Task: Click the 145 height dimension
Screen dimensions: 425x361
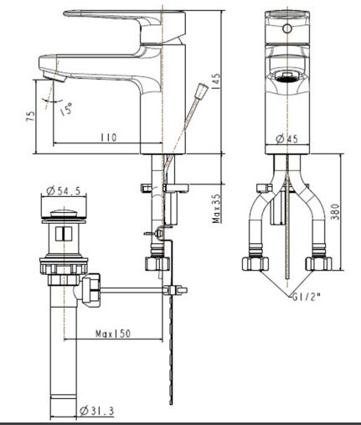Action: (216, 81)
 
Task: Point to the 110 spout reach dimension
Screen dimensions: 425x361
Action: (107, 136)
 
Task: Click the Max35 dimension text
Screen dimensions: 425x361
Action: (216, 205)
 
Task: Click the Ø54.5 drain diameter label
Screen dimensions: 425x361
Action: (64, 192)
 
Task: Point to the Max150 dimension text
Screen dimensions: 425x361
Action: (113, 334)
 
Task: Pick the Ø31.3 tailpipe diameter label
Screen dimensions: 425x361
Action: (96, 411)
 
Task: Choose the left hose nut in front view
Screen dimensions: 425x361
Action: (257, 263)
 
